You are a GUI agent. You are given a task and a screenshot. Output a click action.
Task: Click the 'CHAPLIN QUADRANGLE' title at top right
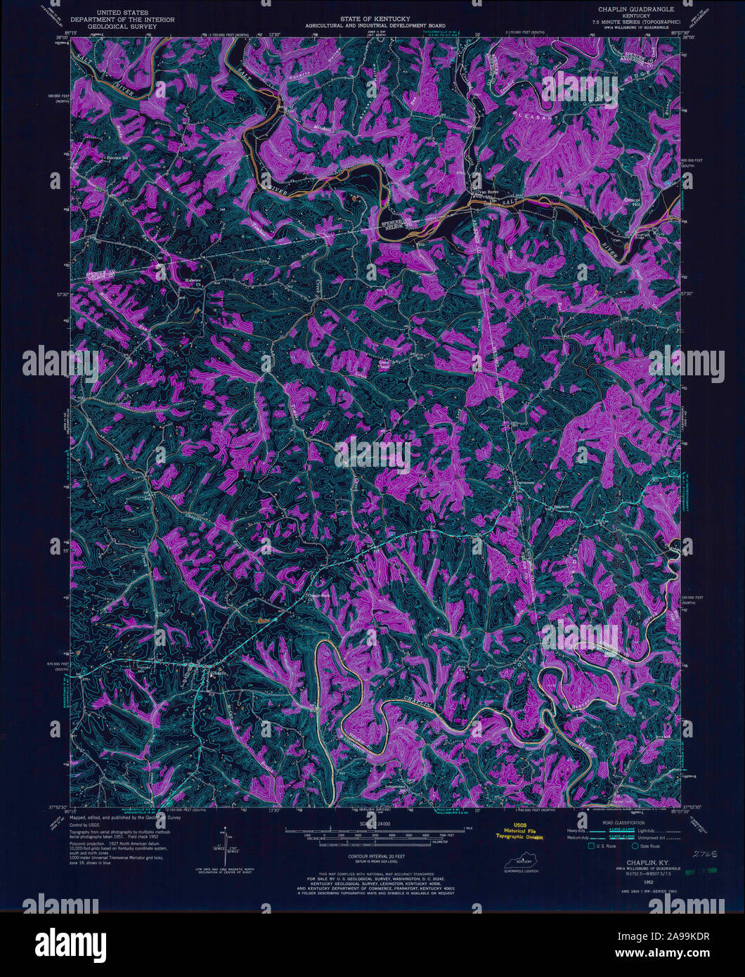coord(637,9)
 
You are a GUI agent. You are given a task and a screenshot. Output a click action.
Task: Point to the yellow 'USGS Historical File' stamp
coord(519,832)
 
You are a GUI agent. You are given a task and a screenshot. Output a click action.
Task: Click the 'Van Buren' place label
coord(484,191)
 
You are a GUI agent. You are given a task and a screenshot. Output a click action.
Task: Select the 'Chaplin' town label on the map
coord(220,671)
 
